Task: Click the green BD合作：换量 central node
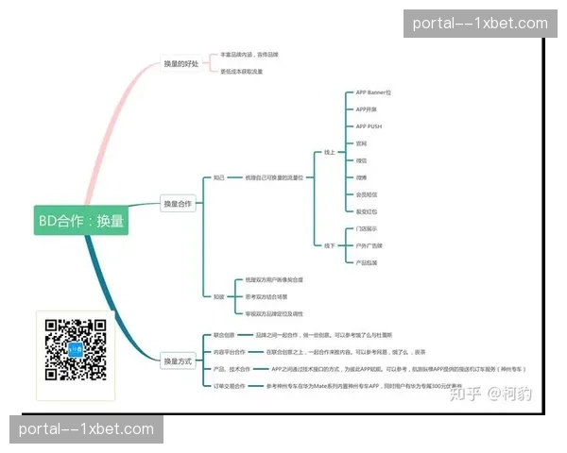click(80, 221)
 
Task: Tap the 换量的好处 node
click(180, 64)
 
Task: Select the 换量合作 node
click(178, 203)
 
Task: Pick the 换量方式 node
click(178, 361)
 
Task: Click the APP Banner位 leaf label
click(372, 92)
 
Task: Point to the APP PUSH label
click(369, 126)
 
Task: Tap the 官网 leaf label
click(360, 143)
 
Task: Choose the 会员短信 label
click(366, 194)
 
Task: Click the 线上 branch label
click(329, 152)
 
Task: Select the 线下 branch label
click(329, 245)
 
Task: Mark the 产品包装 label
click(368, 262)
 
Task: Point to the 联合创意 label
click(223, 335)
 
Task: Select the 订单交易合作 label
click(227, 386)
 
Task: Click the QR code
click(75, 350)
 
